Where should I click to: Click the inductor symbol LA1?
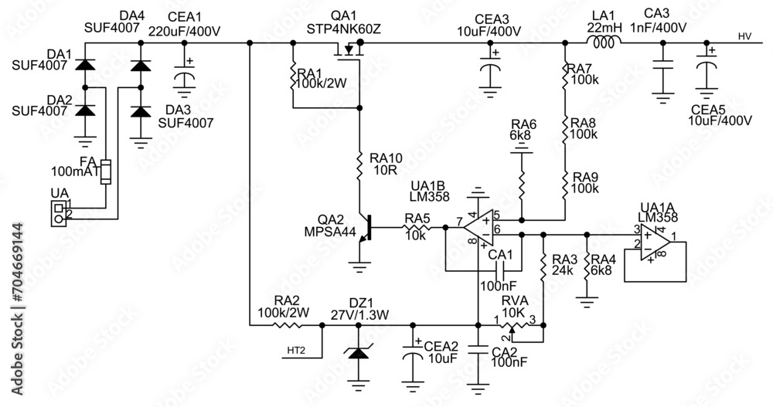coord(604,43)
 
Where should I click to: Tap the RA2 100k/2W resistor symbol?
coord(291,325)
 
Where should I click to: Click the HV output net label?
coord(744,36)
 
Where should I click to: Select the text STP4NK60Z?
coord(344,29)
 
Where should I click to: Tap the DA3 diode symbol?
coord(140,111)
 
